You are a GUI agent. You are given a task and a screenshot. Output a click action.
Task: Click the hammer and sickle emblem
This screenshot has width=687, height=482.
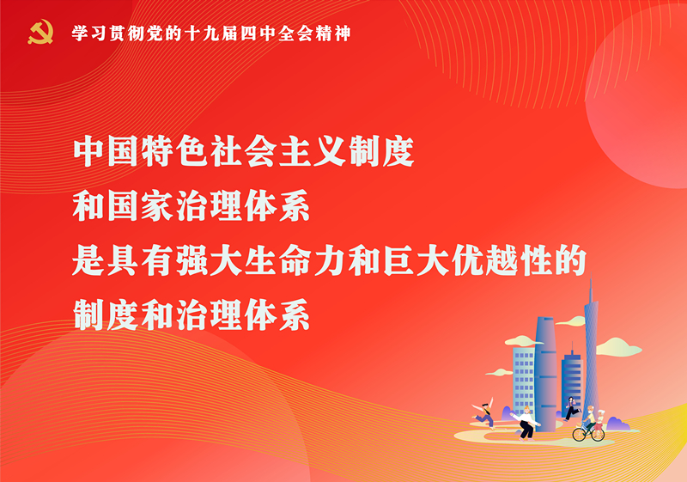click(x=40, y=33)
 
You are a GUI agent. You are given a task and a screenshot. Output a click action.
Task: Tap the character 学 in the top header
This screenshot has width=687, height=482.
click(x=81, y=34)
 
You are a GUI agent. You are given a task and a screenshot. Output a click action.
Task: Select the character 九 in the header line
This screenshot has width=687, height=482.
click(x=210, y=34)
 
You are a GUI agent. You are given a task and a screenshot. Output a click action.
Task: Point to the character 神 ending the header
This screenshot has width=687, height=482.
click(x=342, y=34)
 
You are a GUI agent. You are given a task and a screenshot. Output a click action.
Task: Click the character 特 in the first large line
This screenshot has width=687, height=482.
click(x=158, y=151)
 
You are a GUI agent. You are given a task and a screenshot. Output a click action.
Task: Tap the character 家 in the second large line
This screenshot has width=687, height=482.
click(x=158, y=206)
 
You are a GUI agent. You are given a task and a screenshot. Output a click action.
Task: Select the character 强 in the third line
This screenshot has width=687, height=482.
click(x=192, y=260)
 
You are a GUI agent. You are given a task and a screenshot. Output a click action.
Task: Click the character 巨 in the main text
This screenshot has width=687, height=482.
click(x=399, y=260)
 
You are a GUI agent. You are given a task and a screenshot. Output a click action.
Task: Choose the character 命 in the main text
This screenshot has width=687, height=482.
click(x=295, y=260)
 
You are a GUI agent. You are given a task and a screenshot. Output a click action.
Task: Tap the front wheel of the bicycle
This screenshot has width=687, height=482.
click(x=579, y=434)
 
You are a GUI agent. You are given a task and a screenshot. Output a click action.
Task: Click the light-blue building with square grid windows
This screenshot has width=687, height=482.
click(x=524, y=380)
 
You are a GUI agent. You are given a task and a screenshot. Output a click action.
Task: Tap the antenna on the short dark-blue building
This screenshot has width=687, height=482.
click(x=571, y=347)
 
